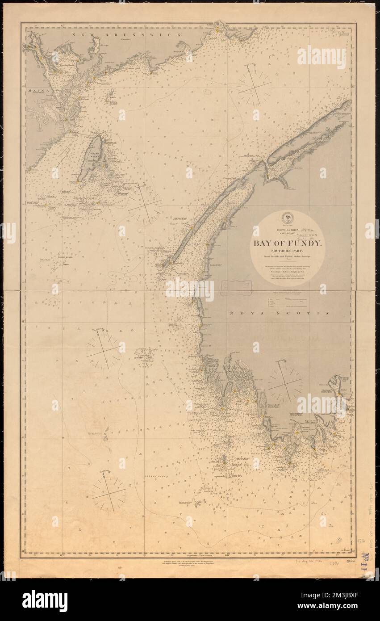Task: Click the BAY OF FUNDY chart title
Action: pyautogui.click(x=287, y=244)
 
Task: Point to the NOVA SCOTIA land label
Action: pyautogui.click(x=280, y=314)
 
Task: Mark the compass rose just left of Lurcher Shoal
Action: pyautogui.click(x=103, y=349)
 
